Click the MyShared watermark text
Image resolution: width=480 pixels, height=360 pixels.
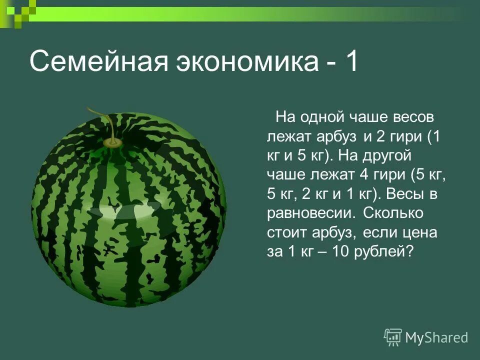click(x=436, y=337)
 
